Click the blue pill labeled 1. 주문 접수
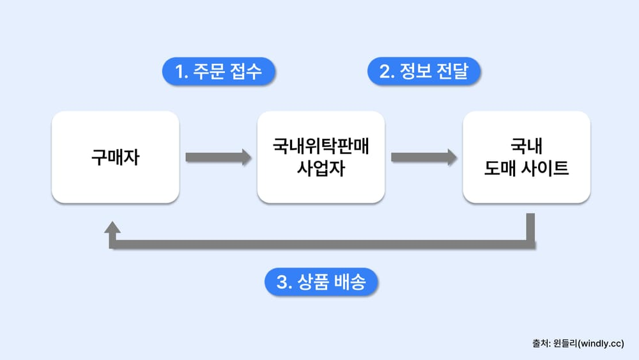coord(219,72)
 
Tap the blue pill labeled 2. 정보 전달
coord(424,72)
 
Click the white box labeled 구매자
coord(115,157)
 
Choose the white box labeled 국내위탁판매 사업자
coord(321,157)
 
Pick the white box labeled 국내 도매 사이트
coord(527,157)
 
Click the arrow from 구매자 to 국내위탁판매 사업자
coord(218,157)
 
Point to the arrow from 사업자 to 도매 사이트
coord(424,157)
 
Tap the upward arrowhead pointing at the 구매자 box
coord(112,228)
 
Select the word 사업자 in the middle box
coord(321,170)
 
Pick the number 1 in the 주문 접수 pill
coord(180,72)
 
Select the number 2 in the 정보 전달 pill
coord(385,72)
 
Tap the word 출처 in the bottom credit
coord(539,343)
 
